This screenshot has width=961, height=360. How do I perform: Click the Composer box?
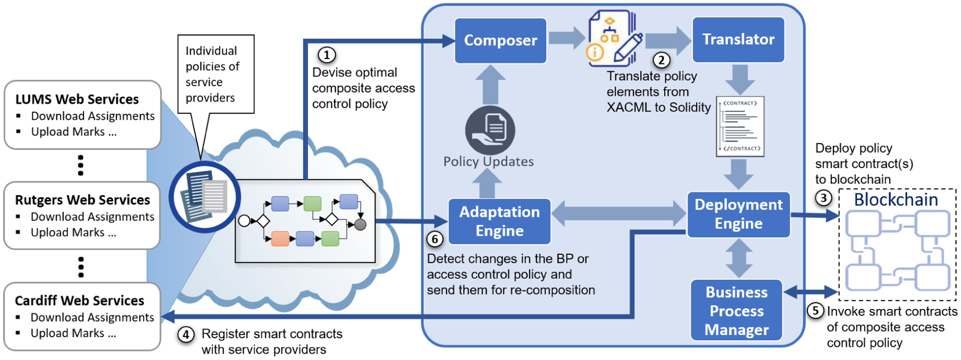coord(500,41)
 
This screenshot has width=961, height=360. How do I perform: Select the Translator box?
coord(738,40)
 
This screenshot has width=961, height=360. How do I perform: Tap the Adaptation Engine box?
coord(499,221)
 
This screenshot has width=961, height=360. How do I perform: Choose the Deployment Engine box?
coord(738,214)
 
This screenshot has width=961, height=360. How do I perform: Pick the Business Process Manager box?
coord(736,310)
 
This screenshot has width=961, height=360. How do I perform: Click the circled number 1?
coord(327,55)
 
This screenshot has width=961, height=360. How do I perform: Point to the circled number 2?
coord(661,60)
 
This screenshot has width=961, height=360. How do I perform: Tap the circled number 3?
coord(823,198)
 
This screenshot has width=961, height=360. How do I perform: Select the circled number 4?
coord(186,334)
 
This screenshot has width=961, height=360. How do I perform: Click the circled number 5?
coord(815,310)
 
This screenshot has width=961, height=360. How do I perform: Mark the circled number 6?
coord(434,239)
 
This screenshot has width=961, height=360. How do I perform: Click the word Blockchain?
coord(895,200)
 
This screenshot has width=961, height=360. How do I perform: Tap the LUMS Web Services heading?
coord(77,99)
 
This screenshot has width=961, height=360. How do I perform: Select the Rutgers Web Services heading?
coord(83,200)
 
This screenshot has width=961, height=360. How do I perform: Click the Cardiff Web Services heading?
coord(80,300)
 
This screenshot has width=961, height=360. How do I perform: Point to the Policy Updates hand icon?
coord(490,130)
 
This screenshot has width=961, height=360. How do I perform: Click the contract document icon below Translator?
coord(740,126)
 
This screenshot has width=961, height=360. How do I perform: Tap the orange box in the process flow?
coord(280,238)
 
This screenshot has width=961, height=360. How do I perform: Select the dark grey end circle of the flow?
coord(360,224)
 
